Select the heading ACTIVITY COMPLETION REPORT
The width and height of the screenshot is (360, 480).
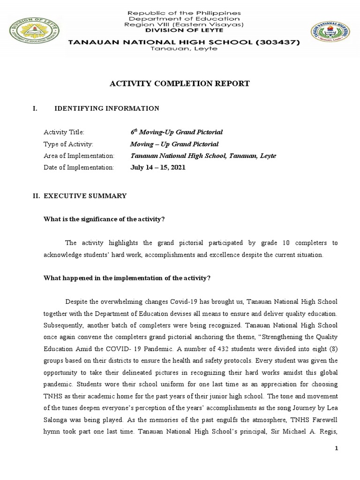click(x=180, y=84)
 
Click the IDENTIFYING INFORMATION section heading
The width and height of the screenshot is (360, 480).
click(x=107, y=109)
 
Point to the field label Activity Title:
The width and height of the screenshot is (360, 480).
click(x=64, y=133)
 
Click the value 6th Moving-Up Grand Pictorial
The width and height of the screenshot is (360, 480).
click(x=176, y=132)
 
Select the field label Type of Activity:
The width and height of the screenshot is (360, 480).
click(x=68, y=144)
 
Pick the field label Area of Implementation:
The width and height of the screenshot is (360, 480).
click(x=79, y=156)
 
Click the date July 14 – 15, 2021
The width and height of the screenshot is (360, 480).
click(x=158, y=167)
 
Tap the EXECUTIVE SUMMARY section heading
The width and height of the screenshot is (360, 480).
click(x=85, y=195)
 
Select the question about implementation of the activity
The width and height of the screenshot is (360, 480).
click(x=127, y=278)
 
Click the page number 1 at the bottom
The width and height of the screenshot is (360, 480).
click(x=336, y=449)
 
